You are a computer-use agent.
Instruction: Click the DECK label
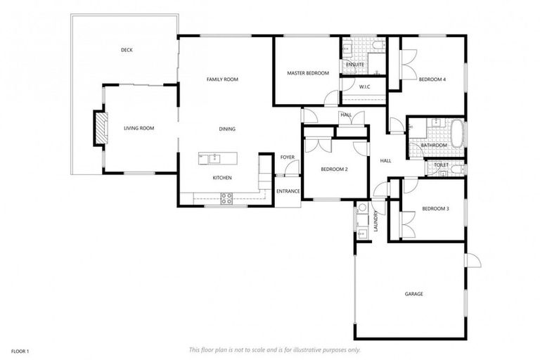[127, 50]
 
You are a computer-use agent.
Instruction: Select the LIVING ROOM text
[139, 128]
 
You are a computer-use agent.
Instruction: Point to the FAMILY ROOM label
[222, 79]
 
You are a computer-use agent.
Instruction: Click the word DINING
[226, 129]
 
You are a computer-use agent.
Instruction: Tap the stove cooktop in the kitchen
[226, 198]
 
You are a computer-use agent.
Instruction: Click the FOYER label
[287, 157]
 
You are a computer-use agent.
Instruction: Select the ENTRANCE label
[288, 191]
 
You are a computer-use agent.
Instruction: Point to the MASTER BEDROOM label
[308, 73]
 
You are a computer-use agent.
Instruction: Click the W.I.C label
[364, 86]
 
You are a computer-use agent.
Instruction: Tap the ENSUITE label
[355, 65]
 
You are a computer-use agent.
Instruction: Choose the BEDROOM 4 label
[432, 79]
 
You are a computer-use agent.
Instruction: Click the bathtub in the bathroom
[456, 132]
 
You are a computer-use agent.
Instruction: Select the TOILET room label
[441, 165]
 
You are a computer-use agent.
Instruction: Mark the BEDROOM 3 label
[435, 209]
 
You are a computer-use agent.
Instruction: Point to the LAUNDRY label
[377, 222]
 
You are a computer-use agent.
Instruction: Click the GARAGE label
[413, 293]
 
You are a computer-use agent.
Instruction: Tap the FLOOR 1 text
[19, 350]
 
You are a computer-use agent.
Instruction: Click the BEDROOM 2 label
[334, 169]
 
